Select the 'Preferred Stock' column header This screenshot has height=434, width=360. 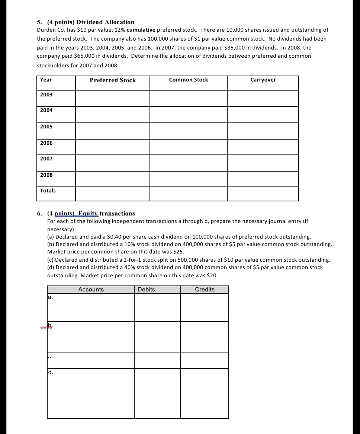[113, 80]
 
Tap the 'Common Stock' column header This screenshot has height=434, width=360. [188, 80]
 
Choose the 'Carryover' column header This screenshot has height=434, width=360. [263, 80]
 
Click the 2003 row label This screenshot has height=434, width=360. [46, 95]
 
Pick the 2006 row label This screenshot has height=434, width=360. [46, 143]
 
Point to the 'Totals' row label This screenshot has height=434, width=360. [48, 191]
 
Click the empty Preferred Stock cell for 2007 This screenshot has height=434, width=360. [113, 163]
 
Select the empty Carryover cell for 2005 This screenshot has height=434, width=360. [263, 131]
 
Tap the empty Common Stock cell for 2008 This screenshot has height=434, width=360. [188, 179]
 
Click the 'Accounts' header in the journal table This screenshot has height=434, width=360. [91, 290]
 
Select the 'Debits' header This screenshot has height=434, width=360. [146, 290]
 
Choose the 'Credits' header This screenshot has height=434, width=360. [205, 290]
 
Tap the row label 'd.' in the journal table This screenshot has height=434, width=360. [51, 372]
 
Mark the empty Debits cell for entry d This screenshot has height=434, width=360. [157, 393]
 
